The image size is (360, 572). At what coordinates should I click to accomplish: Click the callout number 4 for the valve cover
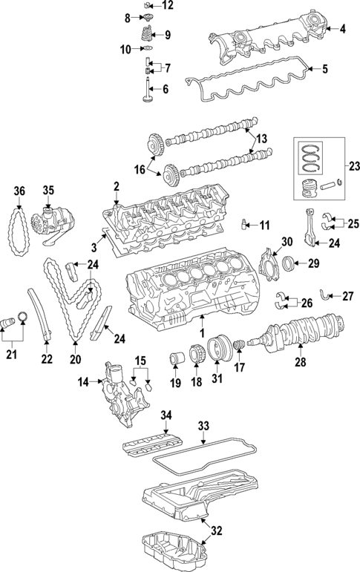pos(342,30)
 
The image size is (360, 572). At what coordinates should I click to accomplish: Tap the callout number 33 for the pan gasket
pos(204,427)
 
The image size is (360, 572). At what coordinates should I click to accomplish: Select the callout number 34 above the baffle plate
pos(166,414)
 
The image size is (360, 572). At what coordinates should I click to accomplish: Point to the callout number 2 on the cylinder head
pos(116,185)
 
